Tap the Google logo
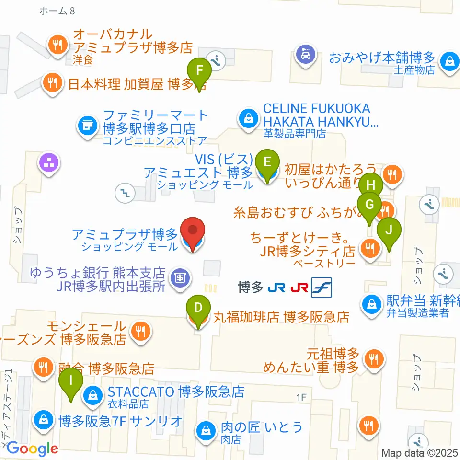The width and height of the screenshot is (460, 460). click(33, 448)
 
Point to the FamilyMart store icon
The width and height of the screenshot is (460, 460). click(87, 126)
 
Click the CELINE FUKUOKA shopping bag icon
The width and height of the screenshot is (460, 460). click(249, 117)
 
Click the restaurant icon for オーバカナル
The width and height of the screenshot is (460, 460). click(58, 46)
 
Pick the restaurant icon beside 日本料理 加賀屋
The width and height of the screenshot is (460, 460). click(53, 82)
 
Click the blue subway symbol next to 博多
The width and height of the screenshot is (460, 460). click(321, 287)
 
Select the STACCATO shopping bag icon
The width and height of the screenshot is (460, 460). click(92, 395)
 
